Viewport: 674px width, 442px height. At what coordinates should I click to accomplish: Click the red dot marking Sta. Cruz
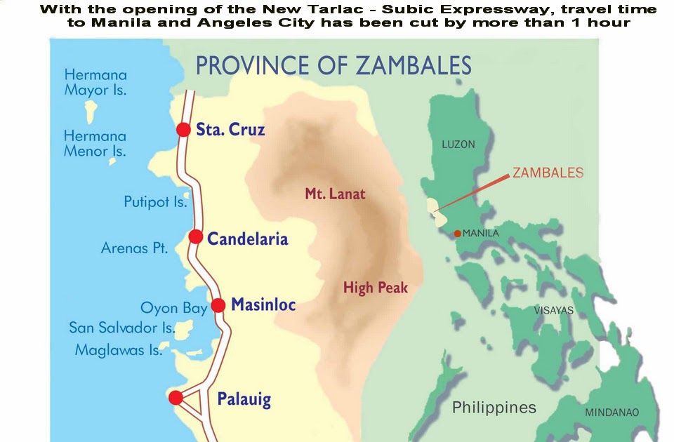point(183,130)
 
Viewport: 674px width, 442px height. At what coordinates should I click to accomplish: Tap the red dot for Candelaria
point(196,237)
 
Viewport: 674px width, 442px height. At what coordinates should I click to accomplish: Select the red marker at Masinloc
point(218,305)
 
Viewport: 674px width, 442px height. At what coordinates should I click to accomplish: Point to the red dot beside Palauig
point(176,398)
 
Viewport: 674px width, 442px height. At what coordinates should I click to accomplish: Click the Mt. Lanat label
point(335,194)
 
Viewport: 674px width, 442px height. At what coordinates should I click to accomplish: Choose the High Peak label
point(375,288)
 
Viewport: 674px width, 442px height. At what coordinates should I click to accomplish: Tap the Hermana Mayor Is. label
point(95,82)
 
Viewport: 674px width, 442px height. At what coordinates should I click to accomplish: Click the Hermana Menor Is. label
point(95,143)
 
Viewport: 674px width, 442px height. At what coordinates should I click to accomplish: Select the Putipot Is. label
point(156,202)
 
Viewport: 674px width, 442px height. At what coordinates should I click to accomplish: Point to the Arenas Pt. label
point(135,248)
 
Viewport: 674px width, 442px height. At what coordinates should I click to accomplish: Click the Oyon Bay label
point(174,308)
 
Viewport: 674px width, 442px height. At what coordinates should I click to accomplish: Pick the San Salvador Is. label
point(121,328)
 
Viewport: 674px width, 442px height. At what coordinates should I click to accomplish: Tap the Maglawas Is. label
point(119,349)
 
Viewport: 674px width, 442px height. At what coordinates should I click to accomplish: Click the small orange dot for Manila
point(458,234)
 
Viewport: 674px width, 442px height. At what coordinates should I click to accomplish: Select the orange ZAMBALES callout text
point(548,173)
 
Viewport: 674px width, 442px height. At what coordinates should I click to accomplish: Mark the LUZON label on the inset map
point(458,145)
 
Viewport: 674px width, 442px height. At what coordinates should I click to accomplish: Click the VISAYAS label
point(554,310)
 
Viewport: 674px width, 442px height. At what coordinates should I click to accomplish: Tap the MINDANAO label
point(612,413)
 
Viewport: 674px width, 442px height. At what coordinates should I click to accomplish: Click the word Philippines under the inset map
point(494,407)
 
